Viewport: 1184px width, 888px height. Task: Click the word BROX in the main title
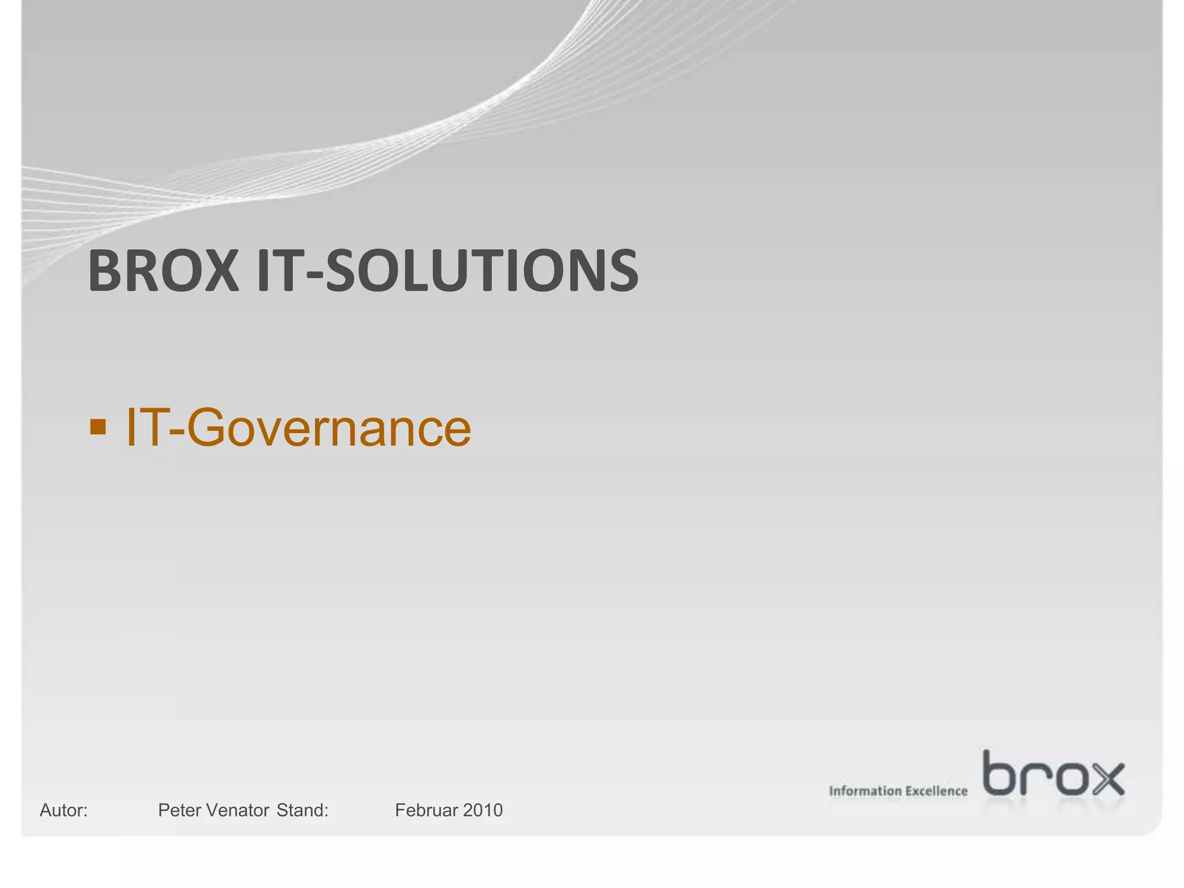coord(163,271)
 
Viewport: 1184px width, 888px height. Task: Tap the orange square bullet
coord(98,427)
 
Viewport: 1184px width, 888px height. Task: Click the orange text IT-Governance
coord(298,428)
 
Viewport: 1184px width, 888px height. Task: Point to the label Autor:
coord(64,811)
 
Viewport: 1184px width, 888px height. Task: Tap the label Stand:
coord(302,811)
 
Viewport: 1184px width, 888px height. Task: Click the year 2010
coord(483,811)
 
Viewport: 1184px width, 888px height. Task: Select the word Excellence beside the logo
coord(936,791)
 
